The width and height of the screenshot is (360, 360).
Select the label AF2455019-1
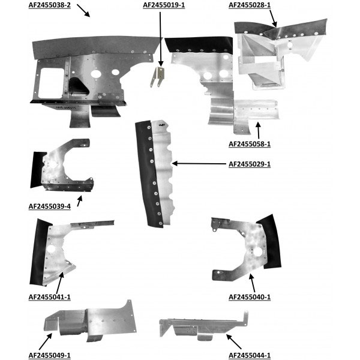164,5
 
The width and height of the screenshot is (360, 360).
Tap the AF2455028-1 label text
250,5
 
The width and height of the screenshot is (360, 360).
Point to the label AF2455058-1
250,144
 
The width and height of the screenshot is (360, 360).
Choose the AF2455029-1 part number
250,164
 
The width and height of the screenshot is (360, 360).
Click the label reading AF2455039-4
50,206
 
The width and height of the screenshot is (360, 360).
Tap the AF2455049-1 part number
50,355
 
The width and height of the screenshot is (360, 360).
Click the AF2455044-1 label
250,355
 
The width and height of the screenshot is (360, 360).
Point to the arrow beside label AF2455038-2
83,10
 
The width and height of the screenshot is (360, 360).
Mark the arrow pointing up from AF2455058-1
258,129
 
